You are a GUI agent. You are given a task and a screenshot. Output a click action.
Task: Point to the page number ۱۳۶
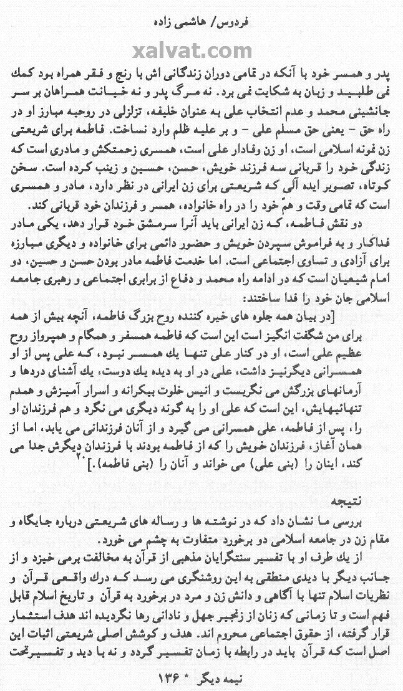(241, 676)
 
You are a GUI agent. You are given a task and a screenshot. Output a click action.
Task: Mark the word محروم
(195, 634)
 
